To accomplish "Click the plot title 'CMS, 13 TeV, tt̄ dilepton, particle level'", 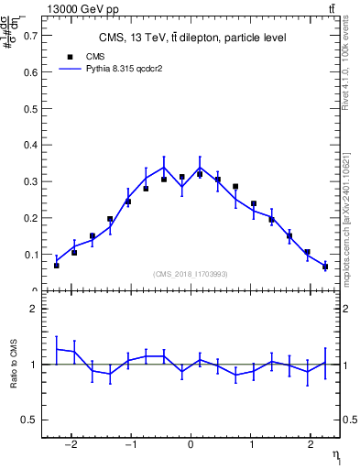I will pos(191,38).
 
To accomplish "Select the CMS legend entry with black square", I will pos(83,56).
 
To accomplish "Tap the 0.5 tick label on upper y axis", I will pos(32,109).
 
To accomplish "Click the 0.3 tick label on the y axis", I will pos(32,181).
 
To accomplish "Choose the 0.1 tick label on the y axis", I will pos(32,255).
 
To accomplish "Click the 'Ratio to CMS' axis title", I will pos(14,365).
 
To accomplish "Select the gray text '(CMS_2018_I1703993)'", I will pos(191,274).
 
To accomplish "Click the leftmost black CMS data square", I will pos(57,265).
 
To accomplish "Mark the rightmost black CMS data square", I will pos(324,267).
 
